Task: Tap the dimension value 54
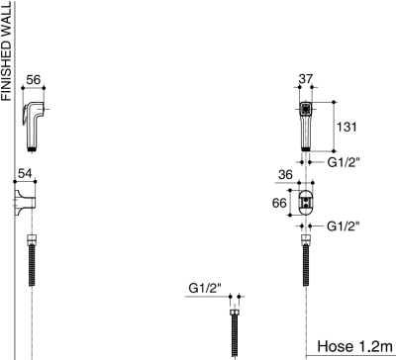pos(26,174)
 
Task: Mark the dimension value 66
pos(279,203)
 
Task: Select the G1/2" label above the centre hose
pos(205,288)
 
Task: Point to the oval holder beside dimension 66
pos(306,203)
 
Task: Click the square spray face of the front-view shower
pos(306,110)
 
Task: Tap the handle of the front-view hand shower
pos(306,134)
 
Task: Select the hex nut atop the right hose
pos(306,238)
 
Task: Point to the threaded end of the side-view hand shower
pos(36,149)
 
